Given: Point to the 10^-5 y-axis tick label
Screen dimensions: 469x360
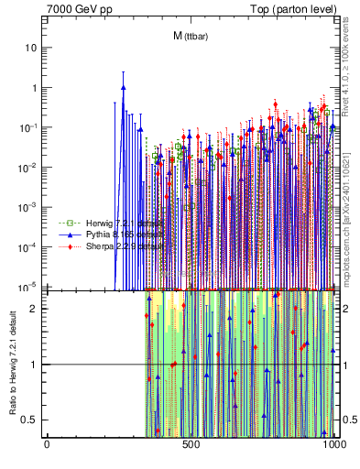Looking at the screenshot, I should tap(30, 286).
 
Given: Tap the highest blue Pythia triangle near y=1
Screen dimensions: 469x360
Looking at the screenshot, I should tap(123, 88).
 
